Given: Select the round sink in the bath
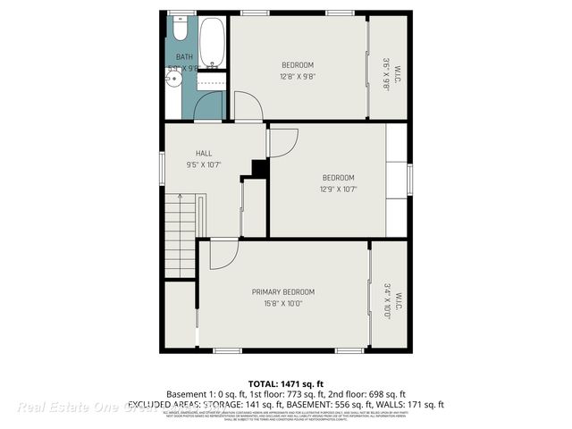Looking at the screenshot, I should pyautogui.click(x=174, y=79).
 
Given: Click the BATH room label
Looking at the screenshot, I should pyautogui.click(x=183, y=56).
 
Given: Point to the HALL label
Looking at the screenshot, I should pyautogui.click(x=204, y=154).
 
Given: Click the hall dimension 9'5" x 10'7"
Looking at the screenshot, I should pyautogui.click(x=204, y=164).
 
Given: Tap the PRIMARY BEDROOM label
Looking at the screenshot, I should pyautogui.click(x=282, y=292).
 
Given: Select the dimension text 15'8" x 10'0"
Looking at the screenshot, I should pyautogui.click(x=282, y=304).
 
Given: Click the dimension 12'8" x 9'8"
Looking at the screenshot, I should pyautogui.click(x=298, y=76).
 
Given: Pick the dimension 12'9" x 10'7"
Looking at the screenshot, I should pyautogui.click(x=338, y=189).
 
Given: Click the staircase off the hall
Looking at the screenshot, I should pyautogui.click(x=180, y=229).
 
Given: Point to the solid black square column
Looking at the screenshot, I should pyautogui.click(x=260, y=168).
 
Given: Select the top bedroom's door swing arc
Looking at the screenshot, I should pyautogui.click(x=248, y=106).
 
